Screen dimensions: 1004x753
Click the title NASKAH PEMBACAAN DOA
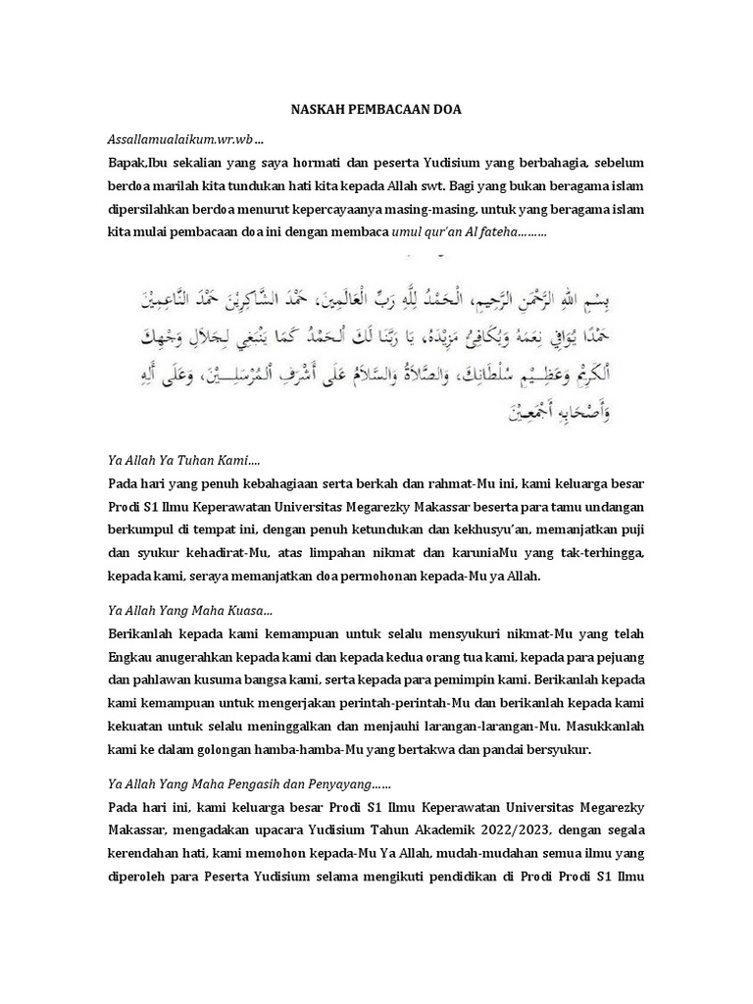coord(376,112)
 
